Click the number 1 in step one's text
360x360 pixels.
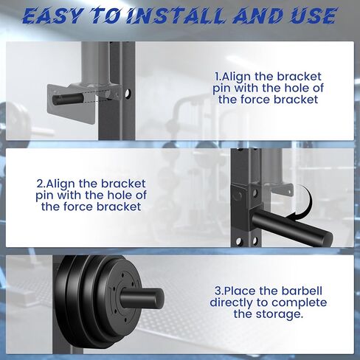pos(218,76)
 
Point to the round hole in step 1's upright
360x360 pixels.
pos(127,94)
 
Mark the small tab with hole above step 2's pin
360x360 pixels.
pos(283,191)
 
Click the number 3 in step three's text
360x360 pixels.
pos(218,290)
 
